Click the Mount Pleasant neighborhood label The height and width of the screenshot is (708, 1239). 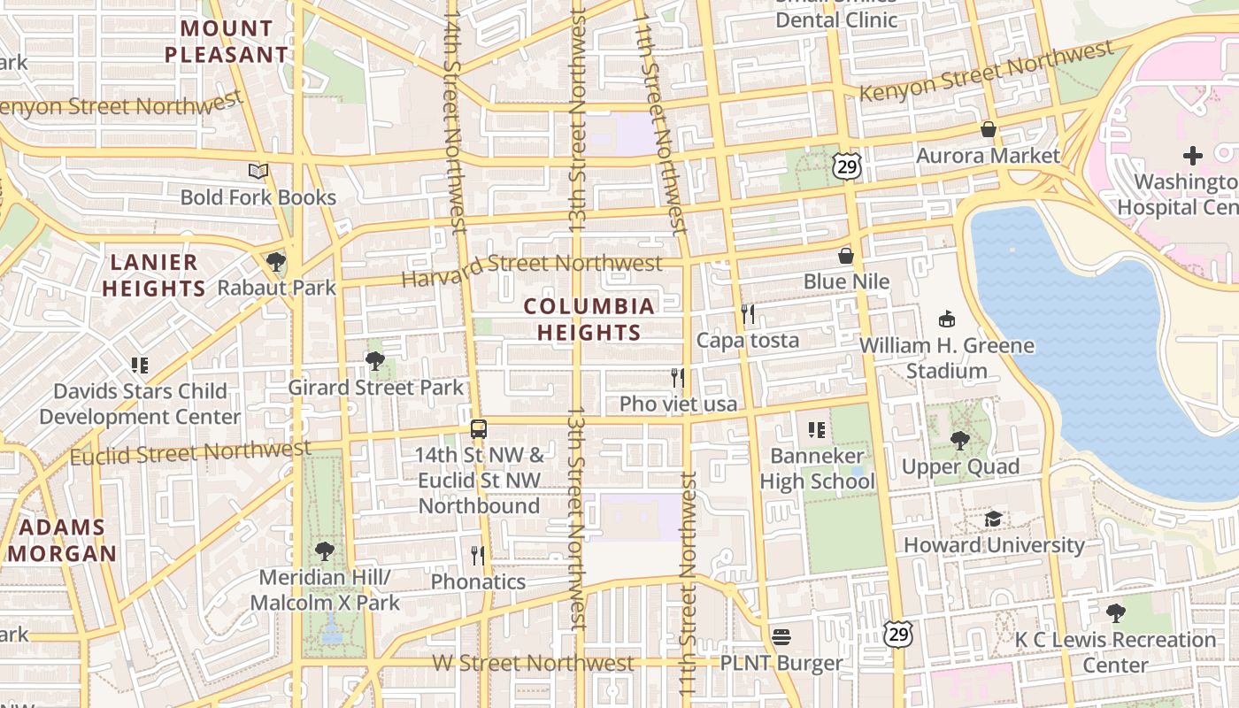click(x=227, y=42)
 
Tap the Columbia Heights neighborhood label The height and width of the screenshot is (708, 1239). click(x=589, y=319)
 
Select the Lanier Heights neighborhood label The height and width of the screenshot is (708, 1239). click(x=154, y=275)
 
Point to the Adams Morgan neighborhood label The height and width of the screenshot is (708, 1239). click(x=62, y=541)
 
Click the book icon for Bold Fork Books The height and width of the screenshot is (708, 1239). click(x=258, y=171)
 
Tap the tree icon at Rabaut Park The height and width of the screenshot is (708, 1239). click(x=276, y=262)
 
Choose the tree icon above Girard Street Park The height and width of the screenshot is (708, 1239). click(x=375, y=361)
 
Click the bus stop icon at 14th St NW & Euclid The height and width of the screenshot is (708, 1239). click(x=479, y=429)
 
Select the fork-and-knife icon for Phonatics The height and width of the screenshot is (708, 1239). click(x=478, y=555)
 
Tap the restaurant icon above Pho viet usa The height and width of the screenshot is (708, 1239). click(x=678, y=378)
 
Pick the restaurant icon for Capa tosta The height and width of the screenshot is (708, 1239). click(x=748, y=314)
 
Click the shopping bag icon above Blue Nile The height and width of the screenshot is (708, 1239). click(x=846, y=256)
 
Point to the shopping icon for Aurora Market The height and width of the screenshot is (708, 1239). click(x=989, y=130)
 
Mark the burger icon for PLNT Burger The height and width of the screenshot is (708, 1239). click(x=781, y=636)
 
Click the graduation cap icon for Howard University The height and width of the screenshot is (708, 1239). click(x=994, y=519)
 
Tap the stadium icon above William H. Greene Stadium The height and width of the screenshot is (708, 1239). click(x=947, y=319)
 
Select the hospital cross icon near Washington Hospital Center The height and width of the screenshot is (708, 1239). click(x=1193, y=157)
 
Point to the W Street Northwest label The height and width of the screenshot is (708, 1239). click(x=533, y=663)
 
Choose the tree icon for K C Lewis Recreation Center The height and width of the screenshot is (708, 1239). click(x=1116, y=612)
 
